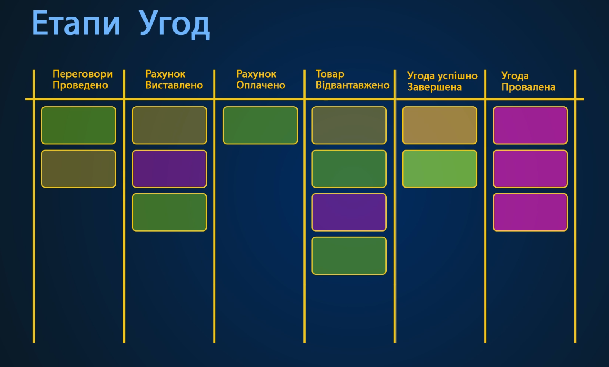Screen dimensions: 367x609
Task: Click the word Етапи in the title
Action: pyautogui.click(x=76, y=23)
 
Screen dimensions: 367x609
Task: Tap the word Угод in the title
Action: pyautogui.click(x=174, y=24)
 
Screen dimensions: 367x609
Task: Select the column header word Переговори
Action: pyautogui.click(x=82, y=74)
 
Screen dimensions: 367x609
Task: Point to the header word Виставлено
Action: pyautogui.click(x=174, y=85)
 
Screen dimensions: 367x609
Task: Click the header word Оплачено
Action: pyautogui.click(x=261, y=85)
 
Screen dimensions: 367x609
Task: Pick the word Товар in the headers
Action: pyautogui.click(x=330, y=74)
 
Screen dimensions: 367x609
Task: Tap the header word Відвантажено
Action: pyautogui.click(x=352, y=85)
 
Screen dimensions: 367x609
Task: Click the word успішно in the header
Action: pyautogui.click(x=458, y=76)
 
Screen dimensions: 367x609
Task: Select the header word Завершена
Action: pyautogui.click(x=434, y=87)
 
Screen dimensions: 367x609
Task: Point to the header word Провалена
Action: pyautogui.click(x=528, y=87)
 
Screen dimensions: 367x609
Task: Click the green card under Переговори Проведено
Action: pyautogui.click(x=79, y=125)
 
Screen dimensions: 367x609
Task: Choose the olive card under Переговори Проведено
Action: pyautogui.click(x=79, y=169)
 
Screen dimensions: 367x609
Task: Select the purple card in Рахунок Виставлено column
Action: pyautogui.click(x=169, y=169)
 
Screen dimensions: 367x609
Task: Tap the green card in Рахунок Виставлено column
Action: pyautogui.click(x=169, y=212)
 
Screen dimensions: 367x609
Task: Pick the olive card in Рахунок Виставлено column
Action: pyautogui.click(x=169, y=125)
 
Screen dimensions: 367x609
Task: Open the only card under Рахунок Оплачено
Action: pyautogui.click(x=260, y=125)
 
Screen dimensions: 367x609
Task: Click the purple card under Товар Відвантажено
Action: pyautogui.click(x=349, y=212)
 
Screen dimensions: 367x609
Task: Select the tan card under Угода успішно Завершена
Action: pyautogui.click(x=439, y=125)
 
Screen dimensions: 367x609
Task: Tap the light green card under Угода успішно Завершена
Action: pyautogui.click(x=439, y=169)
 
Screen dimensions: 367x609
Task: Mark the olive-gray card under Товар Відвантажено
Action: pyautogui.click(x=349, y=125)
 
